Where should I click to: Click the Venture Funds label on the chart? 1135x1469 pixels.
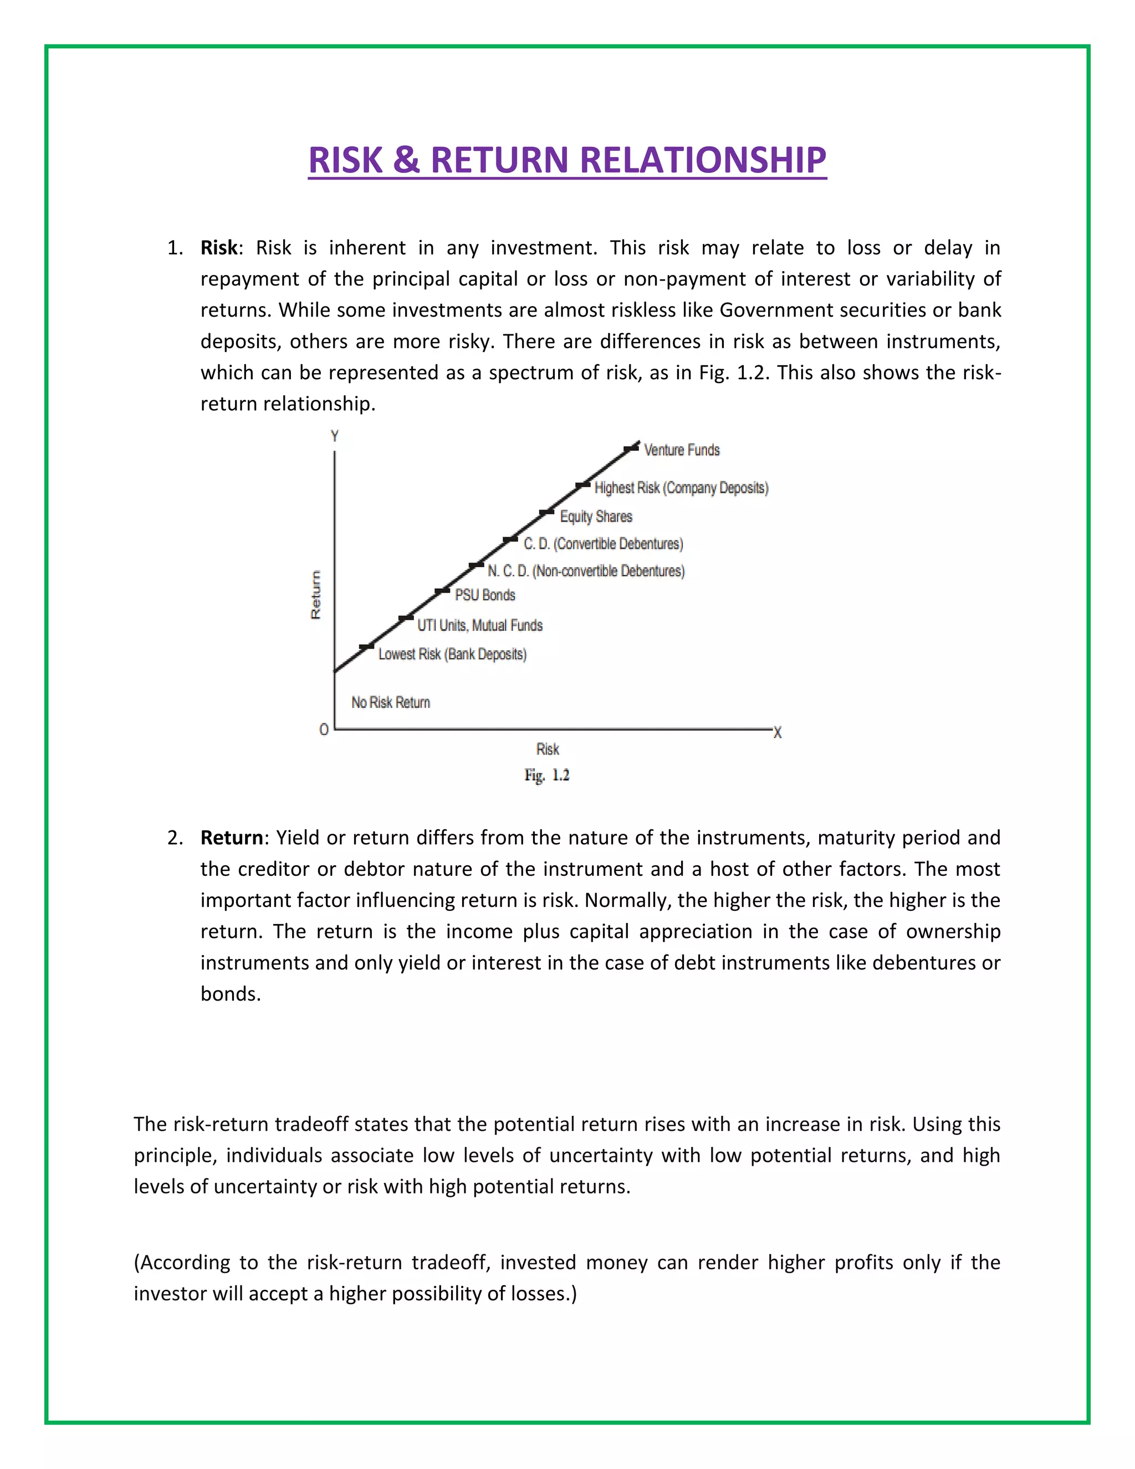coord(681,450)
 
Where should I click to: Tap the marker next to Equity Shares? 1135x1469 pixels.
coord(546,513)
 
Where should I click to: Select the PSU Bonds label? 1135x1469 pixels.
coord(485,595)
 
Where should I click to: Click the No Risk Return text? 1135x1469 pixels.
coord(390,702)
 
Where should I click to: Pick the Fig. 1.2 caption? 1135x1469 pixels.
coord(546,775)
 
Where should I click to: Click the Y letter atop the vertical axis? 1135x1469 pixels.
coord(334,436)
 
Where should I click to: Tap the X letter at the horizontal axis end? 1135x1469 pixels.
coord(778,732)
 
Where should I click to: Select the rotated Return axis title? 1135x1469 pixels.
coord(315,595)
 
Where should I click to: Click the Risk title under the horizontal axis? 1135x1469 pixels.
coord(548,748)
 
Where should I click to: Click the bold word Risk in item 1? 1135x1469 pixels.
coord(218,248)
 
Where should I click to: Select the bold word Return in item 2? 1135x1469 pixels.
coord(231,838)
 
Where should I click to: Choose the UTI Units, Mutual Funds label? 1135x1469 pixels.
coord(479,625)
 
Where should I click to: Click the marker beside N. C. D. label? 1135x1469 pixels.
coord(476,565)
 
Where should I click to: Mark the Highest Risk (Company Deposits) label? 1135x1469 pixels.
coord(681,488)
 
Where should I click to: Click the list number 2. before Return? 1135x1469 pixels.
coord(175,838)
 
